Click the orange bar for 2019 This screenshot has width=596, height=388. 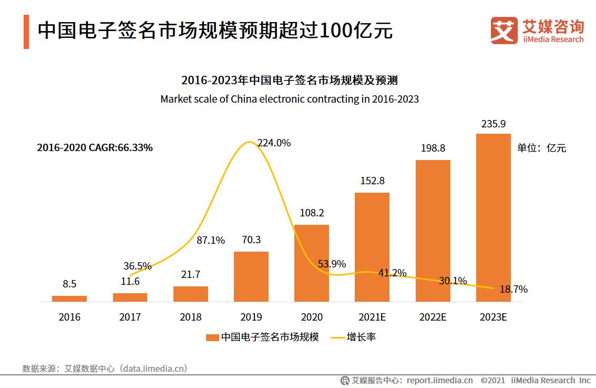coord(251,277)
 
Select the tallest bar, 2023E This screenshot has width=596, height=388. coord(493,218)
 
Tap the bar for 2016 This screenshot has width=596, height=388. coord(69,299)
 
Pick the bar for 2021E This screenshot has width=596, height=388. coord(372,247)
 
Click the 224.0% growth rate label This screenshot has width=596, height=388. coord(274,143)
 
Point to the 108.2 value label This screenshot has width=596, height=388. coord(311,213)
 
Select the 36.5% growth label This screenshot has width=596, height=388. coord(137,265)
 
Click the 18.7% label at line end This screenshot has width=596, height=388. coord(513,289)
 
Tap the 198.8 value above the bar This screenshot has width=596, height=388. coord(433,148)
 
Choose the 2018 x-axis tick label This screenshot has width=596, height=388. coord(190,317)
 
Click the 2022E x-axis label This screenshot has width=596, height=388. coord(433,317)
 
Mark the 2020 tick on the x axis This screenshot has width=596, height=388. coord(311,317)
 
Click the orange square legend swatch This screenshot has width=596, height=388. coord(212,337)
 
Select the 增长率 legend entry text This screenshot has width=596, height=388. coord(361,337)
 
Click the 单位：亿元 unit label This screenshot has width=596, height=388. coord(541,148)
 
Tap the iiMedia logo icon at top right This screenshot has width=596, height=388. coord(503,31)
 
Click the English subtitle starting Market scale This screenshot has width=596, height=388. coord(290,99)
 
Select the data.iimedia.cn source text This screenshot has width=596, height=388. coord(153,369)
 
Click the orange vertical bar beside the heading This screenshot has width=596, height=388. coord(26,32)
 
